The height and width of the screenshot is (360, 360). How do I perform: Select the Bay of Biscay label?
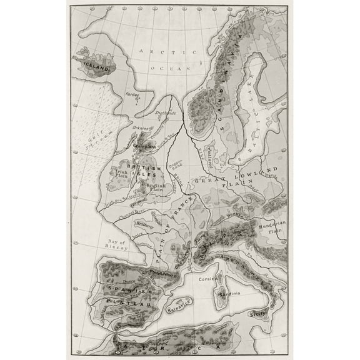point(114,244)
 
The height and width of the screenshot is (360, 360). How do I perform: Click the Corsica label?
point(207,281)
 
